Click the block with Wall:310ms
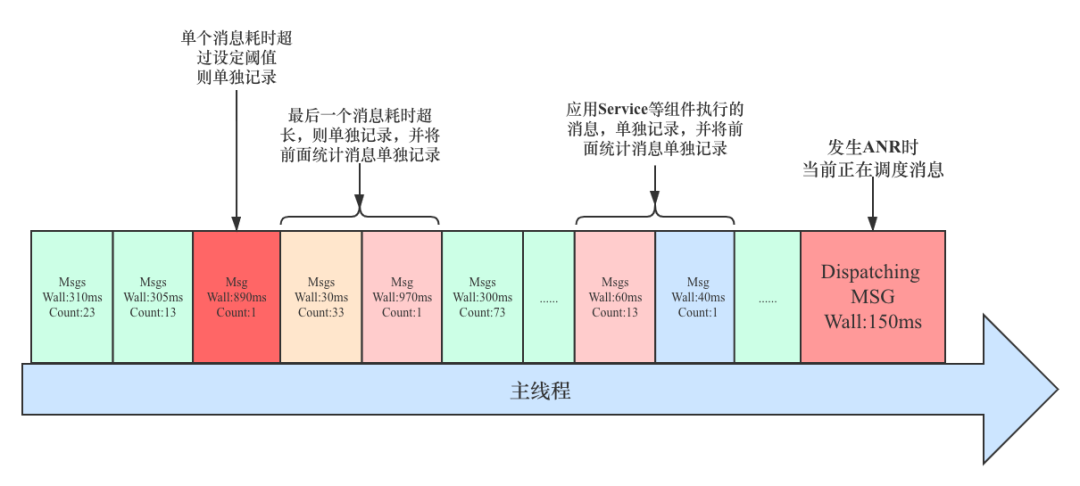pyautogui.click(x=71, y=297)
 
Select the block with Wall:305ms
pyautogui.click(x=152, y=297)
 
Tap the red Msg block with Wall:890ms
pyautogui.click(x=236, y=297)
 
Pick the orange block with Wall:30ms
pyautogui.click(x=321, y=297)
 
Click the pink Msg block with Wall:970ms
pyautogui.click(x=402, y=297)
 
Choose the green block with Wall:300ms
pyautogui.click(x=482, y=297)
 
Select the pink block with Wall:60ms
pyautogui.click(x=614, y=297)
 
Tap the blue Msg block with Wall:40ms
pyautogui.click(x=694, y=297)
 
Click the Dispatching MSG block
pyautogui.click(x=872, y=297)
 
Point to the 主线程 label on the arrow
pyautogui.click(x=540, y=391)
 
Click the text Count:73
pyautogui.click(x=482, y=312)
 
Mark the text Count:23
pyautogui.click(x=71, y=312)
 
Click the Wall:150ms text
pyautogui.click(x=872, y=322)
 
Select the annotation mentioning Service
pyautogui.click(x=654, y=128)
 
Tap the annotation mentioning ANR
pyautogui.click(x=873, y=159)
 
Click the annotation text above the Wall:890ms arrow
pyautogui.click(x=236, y=56)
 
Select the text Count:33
pyautogui.click(x=321, y=312)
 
